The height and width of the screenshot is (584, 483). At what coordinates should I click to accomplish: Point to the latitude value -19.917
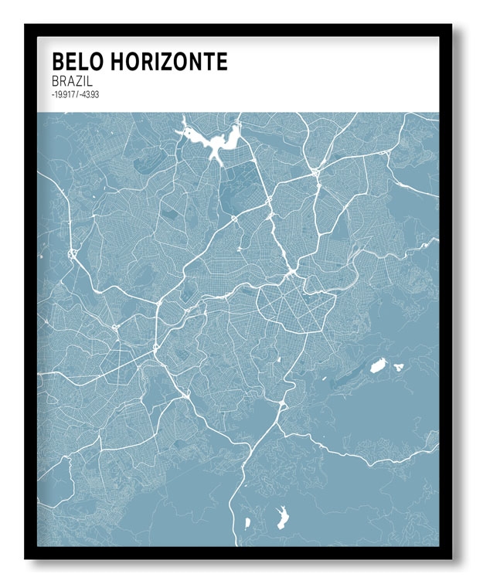click(61, 94)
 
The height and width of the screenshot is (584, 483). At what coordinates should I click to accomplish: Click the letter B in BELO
click(58, 62)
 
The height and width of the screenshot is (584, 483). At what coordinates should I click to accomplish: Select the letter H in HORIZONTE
click(114, 62)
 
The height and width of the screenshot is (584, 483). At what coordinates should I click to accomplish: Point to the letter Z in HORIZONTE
click(165, 62)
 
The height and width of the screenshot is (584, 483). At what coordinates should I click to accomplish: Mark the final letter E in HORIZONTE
click(222, 62)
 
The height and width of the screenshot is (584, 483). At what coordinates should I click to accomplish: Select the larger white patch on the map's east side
click(377, 366)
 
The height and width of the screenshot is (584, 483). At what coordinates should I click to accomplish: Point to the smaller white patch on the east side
click(399, 367)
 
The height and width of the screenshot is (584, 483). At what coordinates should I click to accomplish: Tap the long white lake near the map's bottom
click(282, 515)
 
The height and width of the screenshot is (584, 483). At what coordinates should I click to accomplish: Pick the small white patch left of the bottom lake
click(247, 523)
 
